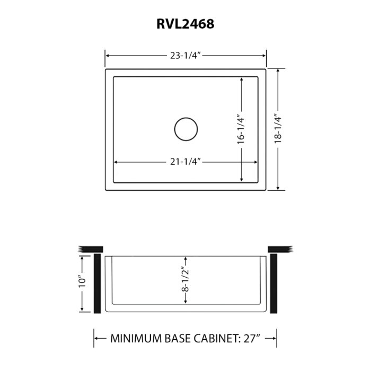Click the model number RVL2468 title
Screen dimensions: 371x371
click(x=185, y=24)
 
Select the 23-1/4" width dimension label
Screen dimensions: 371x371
click(x=185, y=55)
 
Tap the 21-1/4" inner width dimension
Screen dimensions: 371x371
click(x=184, y=162)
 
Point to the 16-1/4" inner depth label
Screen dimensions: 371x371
click(x=241, y=130)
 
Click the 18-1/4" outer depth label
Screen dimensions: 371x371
click(x=276, y=129)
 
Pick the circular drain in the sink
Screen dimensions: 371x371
click(x=185, y=129)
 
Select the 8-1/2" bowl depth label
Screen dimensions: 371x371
click(x=185, y=280)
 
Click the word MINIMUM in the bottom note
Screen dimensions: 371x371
click(x=135, y=338)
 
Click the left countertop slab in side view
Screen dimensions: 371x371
click(x=90, y=249)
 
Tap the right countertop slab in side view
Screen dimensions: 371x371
click(x=280, y=249)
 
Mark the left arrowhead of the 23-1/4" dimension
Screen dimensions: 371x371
click(x=108, y=55)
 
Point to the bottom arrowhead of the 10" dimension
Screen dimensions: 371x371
click(x=82, y=311)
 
